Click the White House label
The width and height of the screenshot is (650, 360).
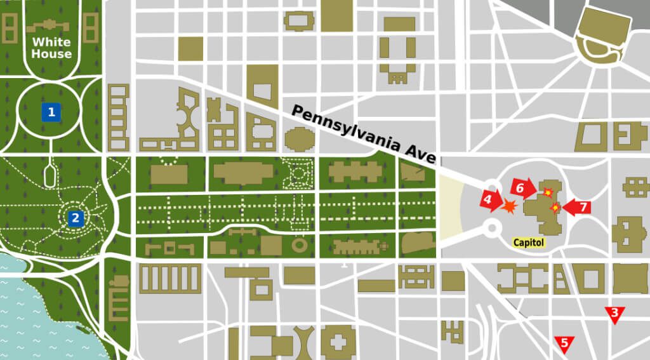51,48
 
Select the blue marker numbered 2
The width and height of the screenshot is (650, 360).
75,218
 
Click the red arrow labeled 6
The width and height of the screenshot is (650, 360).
522,188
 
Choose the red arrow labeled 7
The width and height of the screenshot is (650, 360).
577,207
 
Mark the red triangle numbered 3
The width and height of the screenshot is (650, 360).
614,314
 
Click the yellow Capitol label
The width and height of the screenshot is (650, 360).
529,242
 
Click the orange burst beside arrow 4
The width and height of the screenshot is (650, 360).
509,206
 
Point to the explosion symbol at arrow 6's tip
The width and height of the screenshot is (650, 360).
547,191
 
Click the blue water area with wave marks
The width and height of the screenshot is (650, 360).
32,305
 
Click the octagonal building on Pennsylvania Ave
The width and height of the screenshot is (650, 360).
298,138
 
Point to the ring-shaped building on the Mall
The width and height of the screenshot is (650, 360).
300,245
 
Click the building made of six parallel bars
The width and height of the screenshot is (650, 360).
170,278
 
